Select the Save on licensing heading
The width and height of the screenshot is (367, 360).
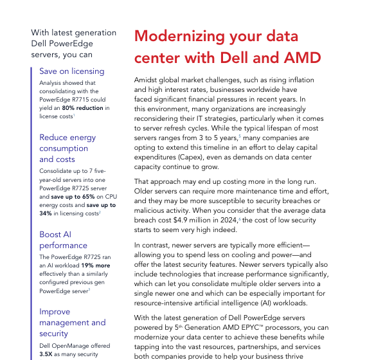click(71, 71)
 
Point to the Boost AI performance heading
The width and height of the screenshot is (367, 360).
click(63, 240)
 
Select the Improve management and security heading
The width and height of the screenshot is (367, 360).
click(72, 323)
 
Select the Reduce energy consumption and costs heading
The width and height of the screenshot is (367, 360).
click(67, 148)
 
